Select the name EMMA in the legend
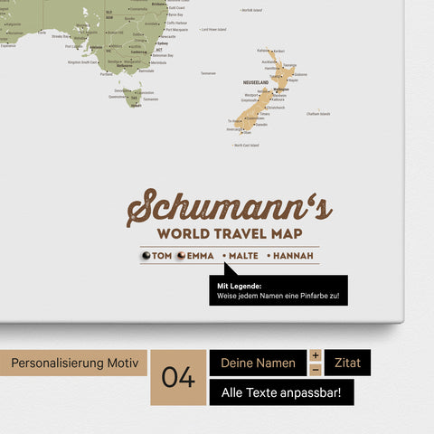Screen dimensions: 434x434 click(201, 256)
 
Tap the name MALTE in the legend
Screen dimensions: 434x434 click(243, 256)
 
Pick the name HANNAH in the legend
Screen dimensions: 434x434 click(295, 256)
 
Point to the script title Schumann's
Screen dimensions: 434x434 click(230, 208)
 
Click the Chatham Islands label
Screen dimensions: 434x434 click(318, 114)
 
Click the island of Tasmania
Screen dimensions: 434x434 click(135, 95)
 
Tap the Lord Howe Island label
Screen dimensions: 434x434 click(213, 29)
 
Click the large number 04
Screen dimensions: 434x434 click(178, 377)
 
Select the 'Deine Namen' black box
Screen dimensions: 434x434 click(258, 363)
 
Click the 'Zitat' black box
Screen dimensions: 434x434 click(347, 363)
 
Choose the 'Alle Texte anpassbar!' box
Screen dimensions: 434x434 click(281, 392)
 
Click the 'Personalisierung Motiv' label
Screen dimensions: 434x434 click(75, 363)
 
